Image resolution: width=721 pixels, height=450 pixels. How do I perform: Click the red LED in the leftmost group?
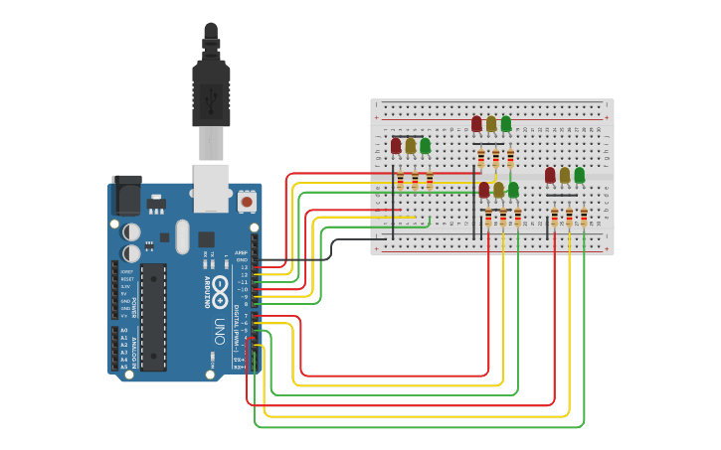coord(396,146)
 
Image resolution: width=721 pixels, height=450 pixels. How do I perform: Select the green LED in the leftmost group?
coord(425,146)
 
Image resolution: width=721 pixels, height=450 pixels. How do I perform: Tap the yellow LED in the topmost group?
coord(491,124)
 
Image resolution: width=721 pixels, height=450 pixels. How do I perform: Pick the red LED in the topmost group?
coord(476,123)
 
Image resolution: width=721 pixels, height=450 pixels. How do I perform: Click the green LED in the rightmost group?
coord(579,175)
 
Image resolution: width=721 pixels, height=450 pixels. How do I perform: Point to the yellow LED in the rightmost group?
coord(565,176)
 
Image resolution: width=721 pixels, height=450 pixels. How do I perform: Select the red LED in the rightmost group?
coord(550,175)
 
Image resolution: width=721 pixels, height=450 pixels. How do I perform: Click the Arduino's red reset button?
coord(246,202)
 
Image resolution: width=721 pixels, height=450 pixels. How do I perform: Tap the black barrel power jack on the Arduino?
coord(126,195)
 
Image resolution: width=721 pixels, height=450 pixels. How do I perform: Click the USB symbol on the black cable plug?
coord(211,99)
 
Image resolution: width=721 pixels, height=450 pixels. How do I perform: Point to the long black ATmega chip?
coord(152,317)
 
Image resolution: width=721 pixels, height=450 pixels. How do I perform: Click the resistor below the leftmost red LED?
coord(401,180)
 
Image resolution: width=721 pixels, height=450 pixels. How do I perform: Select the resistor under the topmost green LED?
coord(510,158)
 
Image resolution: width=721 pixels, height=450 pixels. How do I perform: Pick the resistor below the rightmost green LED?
coord(584,217)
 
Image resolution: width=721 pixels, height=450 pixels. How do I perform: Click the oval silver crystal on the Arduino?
coord(181,236)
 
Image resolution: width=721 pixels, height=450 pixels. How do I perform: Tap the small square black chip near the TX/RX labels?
coord(206,238)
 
